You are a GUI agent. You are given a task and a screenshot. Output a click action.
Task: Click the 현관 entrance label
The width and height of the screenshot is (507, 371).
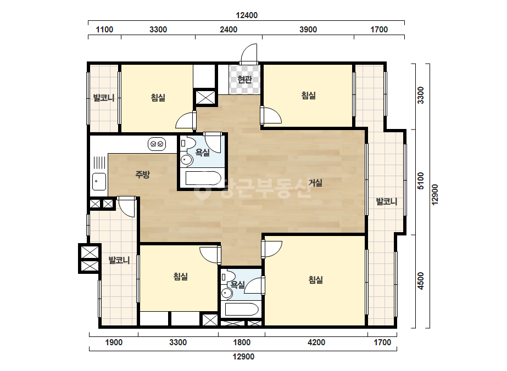coord(244,80)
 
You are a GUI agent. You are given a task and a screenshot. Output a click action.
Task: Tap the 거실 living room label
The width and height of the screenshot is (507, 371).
coord(315,183)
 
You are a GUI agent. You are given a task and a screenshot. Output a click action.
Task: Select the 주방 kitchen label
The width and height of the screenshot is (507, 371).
coord(142,175)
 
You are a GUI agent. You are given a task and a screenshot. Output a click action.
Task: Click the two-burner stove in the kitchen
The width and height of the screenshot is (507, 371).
coord(157,144)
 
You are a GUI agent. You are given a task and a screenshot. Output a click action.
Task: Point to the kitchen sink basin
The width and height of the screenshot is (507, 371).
coord(99,182)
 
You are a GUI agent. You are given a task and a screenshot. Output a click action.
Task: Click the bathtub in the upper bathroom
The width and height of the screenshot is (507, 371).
coord(203,178)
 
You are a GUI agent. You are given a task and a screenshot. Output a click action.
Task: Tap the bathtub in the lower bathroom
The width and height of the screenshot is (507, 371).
coord(242,310)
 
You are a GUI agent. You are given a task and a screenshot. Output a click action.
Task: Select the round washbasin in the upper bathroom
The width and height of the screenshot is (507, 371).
coord(186,159)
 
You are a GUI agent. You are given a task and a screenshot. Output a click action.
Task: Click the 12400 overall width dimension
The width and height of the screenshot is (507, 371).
coord(247,15)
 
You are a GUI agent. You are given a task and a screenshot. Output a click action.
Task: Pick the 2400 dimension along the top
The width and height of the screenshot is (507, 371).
coord(229,30)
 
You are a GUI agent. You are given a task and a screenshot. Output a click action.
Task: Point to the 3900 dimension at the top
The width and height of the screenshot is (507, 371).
coord(308,30)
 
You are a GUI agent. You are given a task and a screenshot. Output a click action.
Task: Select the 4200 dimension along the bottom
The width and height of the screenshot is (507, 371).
coord(316,342)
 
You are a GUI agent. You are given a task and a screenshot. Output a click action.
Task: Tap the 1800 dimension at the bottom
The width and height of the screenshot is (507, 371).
coord(242,342)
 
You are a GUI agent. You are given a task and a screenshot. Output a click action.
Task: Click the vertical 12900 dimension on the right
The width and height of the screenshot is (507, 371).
coord(434,194)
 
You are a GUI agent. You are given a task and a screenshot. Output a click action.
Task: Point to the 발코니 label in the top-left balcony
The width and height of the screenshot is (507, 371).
coord(104,98)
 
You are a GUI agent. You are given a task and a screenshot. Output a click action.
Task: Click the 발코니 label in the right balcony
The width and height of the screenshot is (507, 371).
coord(386,201)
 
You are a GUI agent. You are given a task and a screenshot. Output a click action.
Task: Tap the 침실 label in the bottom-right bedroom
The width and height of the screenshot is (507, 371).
coord(316,279)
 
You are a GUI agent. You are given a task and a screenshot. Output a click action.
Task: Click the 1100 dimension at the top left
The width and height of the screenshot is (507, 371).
coord(104,30)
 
